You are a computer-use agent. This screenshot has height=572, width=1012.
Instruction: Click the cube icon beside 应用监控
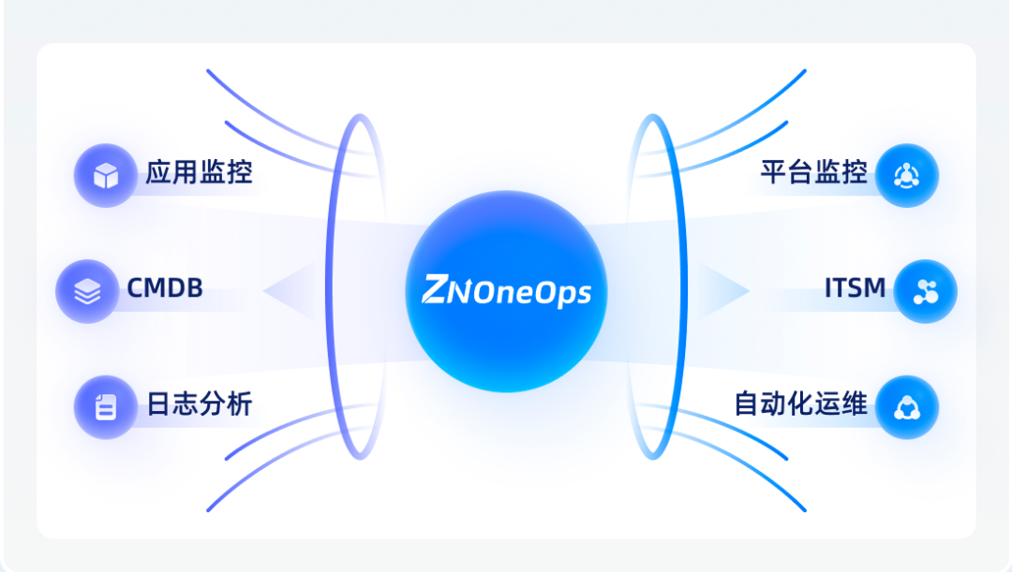point(106,175)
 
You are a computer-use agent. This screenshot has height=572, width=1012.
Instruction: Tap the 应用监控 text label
point(199,173)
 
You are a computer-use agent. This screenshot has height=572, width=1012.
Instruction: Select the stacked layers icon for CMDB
point(87,291)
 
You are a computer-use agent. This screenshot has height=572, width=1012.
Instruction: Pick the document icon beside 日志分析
point(106,407)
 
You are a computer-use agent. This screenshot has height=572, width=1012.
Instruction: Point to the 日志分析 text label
point(199,405)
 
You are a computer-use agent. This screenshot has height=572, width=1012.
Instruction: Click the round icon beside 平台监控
point(907,175)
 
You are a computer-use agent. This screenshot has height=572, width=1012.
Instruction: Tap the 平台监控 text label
point(813,173)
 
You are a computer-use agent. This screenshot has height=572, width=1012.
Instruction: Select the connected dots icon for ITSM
point(925,291)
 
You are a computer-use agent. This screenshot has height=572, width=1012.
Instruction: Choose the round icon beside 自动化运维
point(907,407)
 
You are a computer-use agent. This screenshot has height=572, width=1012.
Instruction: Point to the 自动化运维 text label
point(800,405)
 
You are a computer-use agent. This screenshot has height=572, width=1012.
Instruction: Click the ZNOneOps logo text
point(506,290)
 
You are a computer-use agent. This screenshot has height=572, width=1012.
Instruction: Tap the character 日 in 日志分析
point(158,405)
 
